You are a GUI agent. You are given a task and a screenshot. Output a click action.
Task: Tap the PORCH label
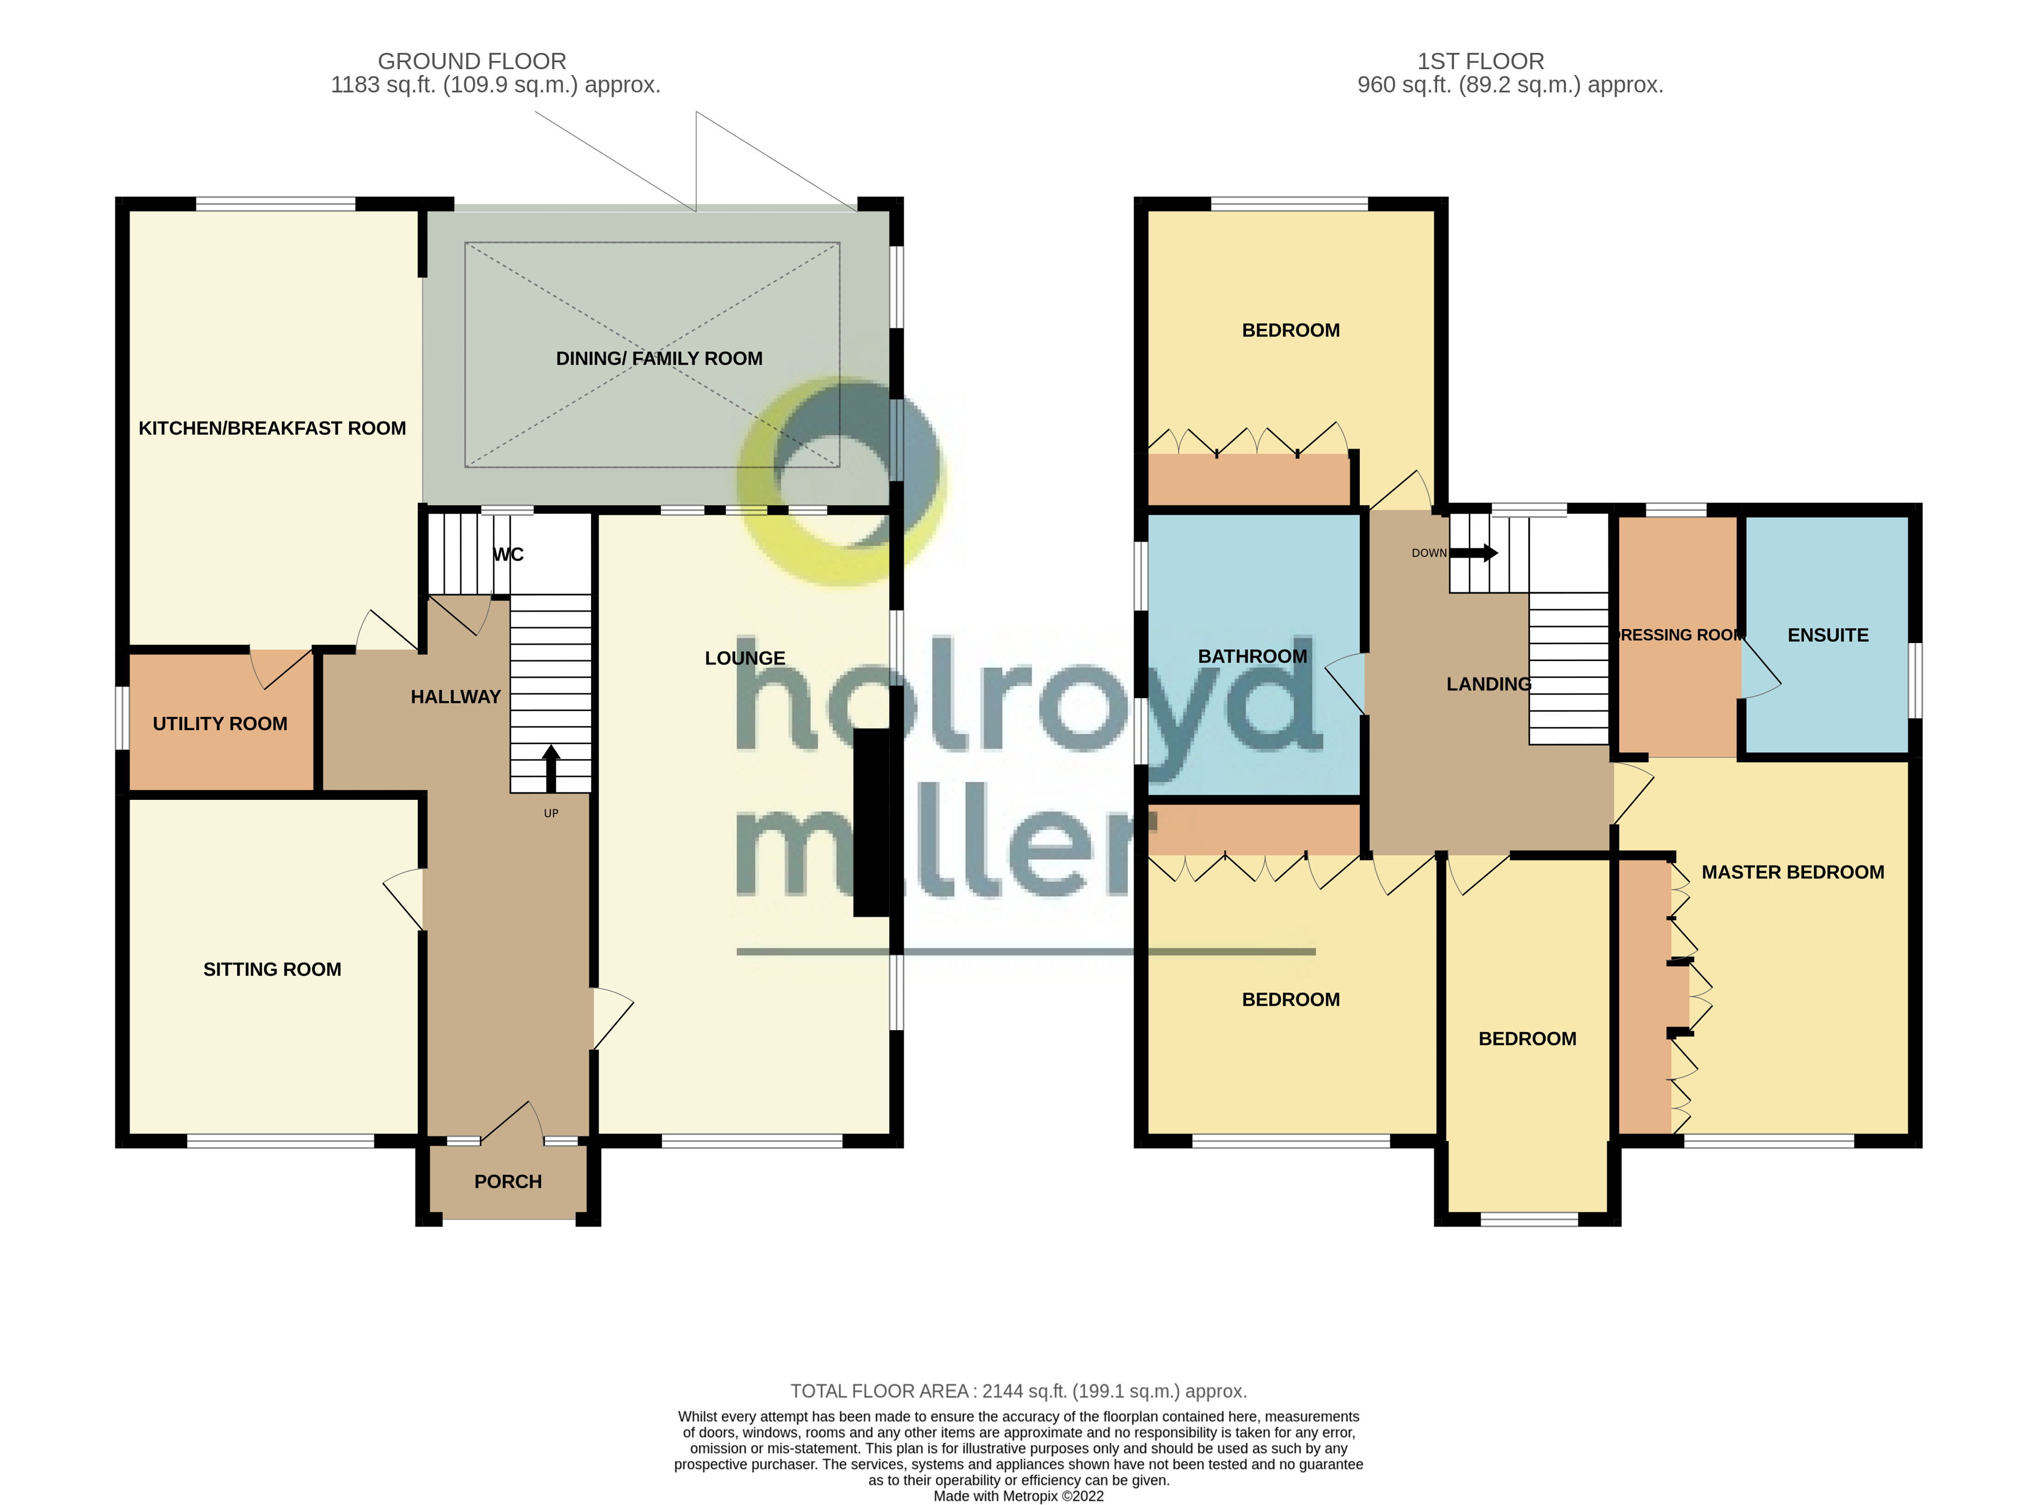507,1182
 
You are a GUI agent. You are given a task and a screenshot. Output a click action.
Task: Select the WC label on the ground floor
508,555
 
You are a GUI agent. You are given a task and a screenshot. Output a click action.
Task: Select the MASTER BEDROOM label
1792,873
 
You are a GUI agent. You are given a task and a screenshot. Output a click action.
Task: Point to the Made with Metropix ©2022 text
1018,1496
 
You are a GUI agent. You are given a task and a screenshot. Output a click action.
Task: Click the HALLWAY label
456,698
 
